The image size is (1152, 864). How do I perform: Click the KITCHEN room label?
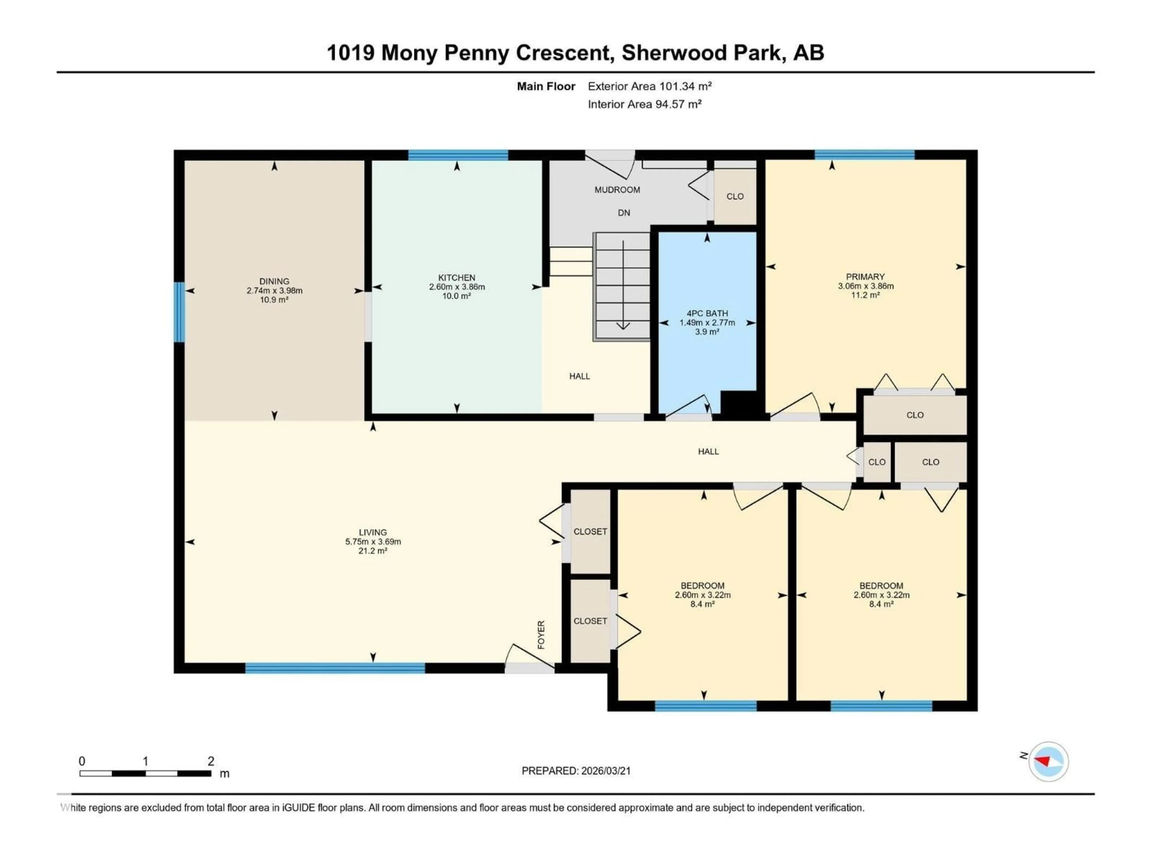point(456,277)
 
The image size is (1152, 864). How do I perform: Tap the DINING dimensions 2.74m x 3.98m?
point(274,291)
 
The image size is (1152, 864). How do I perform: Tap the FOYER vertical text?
point(541,634)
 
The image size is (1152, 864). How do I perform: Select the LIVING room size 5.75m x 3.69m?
point(373,541)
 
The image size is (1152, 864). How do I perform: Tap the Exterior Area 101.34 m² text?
point(649,86)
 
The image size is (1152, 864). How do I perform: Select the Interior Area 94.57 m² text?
point(644,104)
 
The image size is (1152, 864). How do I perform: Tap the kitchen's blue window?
point(458,155)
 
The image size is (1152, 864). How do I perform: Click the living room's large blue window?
point(335,668)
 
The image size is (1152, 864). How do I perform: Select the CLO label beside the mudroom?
point(735,196)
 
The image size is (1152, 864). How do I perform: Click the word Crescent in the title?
point(563,52)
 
